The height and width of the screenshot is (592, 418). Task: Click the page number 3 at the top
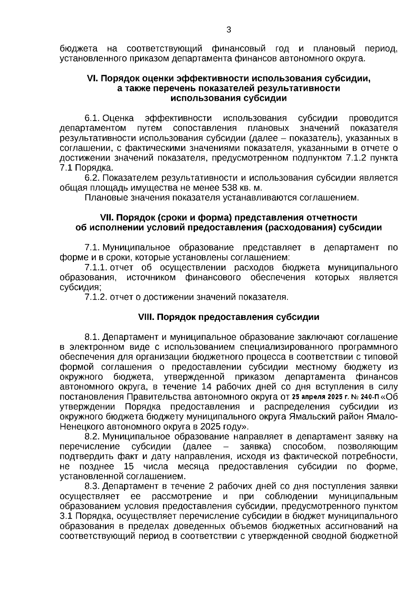pos(229,30)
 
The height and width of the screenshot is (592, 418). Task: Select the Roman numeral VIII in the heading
pos(146,317)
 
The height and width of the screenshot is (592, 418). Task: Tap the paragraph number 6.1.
pos(92,118)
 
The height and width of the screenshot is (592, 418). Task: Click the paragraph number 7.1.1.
pos(95,268)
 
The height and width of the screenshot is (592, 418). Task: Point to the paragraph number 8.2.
pos(92,436)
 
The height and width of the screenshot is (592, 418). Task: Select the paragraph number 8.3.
pos(92,486)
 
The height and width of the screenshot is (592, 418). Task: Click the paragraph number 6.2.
pos(92,178)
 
